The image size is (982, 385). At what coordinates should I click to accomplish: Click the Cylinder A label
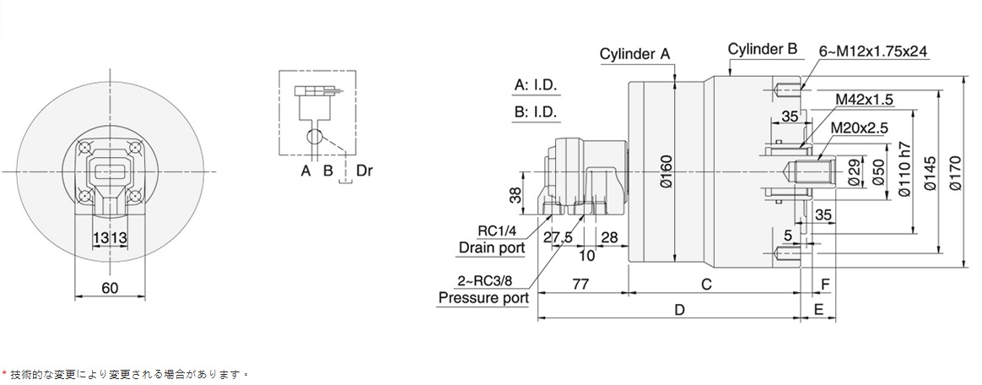[x=634, y=54]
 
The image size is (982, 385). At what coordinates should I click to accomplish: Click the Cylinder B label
[x=763, y=49]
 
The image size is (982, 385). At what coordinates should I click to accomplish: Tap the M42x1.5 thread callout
[x=864, y=100]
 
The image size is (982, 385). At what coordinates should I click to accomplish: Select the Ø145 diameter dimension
[x=930, y=171]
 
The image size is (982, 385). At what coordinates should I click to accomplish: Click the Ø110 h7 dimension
[x=904, y=171]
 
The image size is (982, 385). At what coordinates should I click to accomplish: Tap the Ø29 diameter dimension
[x=852, y=171]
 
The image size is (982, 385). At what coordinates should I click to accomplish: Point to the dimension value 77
[x=580, y=284]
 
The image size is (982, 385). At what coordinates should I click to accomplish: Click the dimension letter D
[x=679, y=310]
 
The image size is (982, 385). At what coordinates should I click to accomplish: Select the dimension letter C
[x=707, y=284]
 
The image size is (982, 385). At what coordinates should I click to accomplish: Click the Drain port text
[x=492, y=247]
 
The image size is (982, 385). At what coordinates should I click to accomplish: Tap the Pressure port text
[x=483, y=297]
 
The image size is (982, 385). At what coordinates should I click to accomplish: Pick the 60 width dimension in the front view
[x=109, y=288]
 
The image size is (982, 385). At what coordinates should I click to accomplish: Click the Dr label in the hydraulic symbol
[x=364, y=171]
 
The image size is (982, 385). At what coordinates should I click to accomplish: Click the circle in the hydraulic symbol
[x=314, y=137]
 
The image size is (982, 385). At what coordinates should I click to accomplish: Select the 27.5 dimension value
[x=557, y=237]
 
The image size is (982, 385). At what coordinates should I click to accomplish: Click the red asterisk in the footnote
[x=4, y=371]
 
